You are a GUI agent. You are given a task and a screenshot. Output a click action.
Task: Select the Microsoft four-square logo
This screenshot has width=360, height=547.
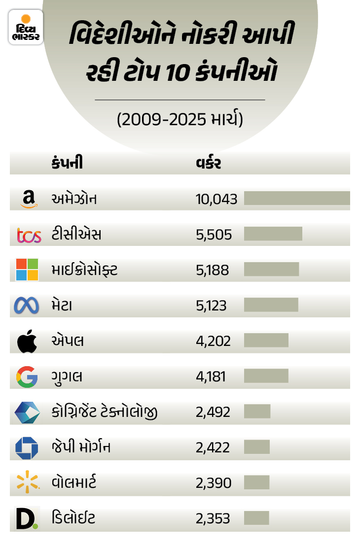tap(27, 270)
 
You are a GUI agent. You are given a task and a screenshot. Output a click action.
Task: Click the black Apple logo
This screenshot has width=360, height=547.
tap(27, 342)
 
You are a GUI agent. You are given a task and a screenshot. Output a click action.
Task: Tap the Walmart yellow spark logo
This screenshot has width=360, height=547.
tap(27, 482)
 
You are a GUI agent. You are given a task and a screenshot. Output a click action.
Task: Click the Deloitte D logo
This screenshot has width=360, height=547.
tap(27, 518)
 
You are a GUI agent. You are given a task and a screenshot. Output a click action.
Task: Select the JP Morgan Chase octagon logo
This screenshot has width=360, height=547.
tap(27, 447)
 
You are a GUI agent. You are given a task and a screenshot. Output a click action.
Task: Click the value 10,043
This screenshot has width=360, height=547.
tap(216, 199)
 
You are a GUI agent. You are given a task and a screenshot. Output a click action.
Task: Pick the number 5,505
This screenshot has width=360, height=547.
tap(214, 235)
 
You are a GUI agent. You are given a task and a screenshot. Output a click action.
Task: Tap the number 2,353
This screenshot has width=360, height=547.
tap(213, 518)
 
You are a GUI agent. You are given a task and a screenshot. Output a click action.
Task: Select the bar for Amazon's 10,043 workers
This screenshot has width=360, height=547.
tap(297, 198)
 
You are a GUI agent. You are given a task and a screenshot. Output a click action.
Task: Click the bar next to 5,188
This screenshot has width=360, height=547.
tap(271, 269)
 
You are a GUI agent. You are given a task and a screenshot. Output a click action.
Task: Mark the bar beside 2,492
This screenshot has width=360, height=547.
tap(257, 411)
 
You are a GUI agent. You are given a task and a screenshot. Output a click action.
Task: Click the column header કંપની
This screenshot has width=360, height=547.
tap(67, 164)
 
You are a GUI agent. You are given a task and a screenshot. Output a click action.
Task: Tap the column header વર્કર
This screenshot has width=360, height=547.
tap(208, 164)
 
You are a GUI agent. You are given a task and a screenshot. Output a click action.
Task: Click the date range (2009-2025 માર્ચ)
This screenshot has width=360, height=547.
tap(180, 120)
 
